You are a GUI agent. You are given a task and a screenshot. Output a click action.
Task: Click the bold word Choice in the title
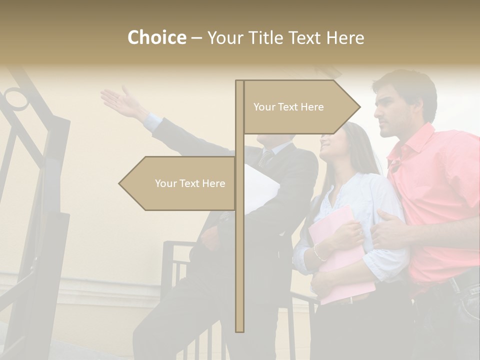[156, 37]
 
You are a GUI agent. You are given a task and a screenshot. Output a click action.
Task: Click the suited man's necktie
[265, 157]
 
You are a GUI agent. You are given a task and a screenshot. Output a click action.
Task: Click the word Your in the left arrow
[165, 183]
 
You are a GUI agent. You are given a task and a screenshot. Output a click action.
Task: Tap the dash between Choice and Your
[196, 38]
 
